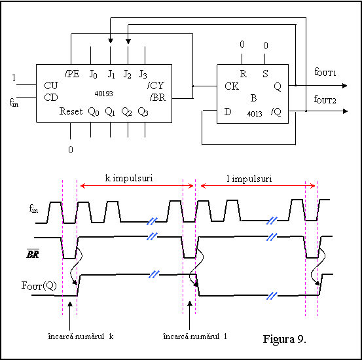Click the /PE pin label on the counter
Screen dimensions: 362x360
[x=72, y=74]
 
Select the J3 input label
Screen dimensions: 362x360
[x=143, y=75]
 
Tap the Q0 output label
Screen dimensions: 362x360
[x=94, y=112]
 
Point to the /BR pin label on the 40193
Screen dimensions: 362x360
[x=158, y=98]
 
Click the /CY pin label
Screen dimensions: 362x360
[x=156, y=86]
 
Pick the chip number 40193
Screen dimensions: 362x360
[x=103, y=94]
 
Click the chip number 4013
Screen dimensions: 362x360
[x=255, y=114]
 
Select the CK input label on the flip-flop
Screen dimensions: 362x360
[x=232, y=86]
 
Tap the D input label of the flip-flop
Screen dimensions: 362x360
[x=228, y=112]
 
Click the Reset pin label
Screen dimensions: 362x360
[x=71, y=111]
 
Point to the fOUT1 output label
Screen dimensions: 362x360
[x=325, y=72]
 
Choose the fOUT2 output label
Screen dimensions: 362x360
[x=325, y=99]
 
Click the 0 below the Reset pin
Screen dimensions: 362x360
[x=71, y=150]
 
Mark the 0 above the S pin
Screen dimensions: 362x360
[x=266, y=45]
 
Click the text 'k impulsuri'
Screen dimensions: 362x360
[x=129, y=178]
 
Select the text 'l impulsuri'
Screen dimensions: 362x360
[x=249, y=179]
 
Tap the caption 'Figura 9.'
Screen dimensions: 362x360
[x=284, y=339]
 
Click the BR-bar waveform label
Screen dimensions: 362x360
[x=33, y=253]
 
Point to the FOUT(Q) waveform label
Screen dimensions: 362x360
[x=39, y=285]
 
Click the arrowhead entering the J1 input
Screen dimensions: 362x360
[x=111, y=41]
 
